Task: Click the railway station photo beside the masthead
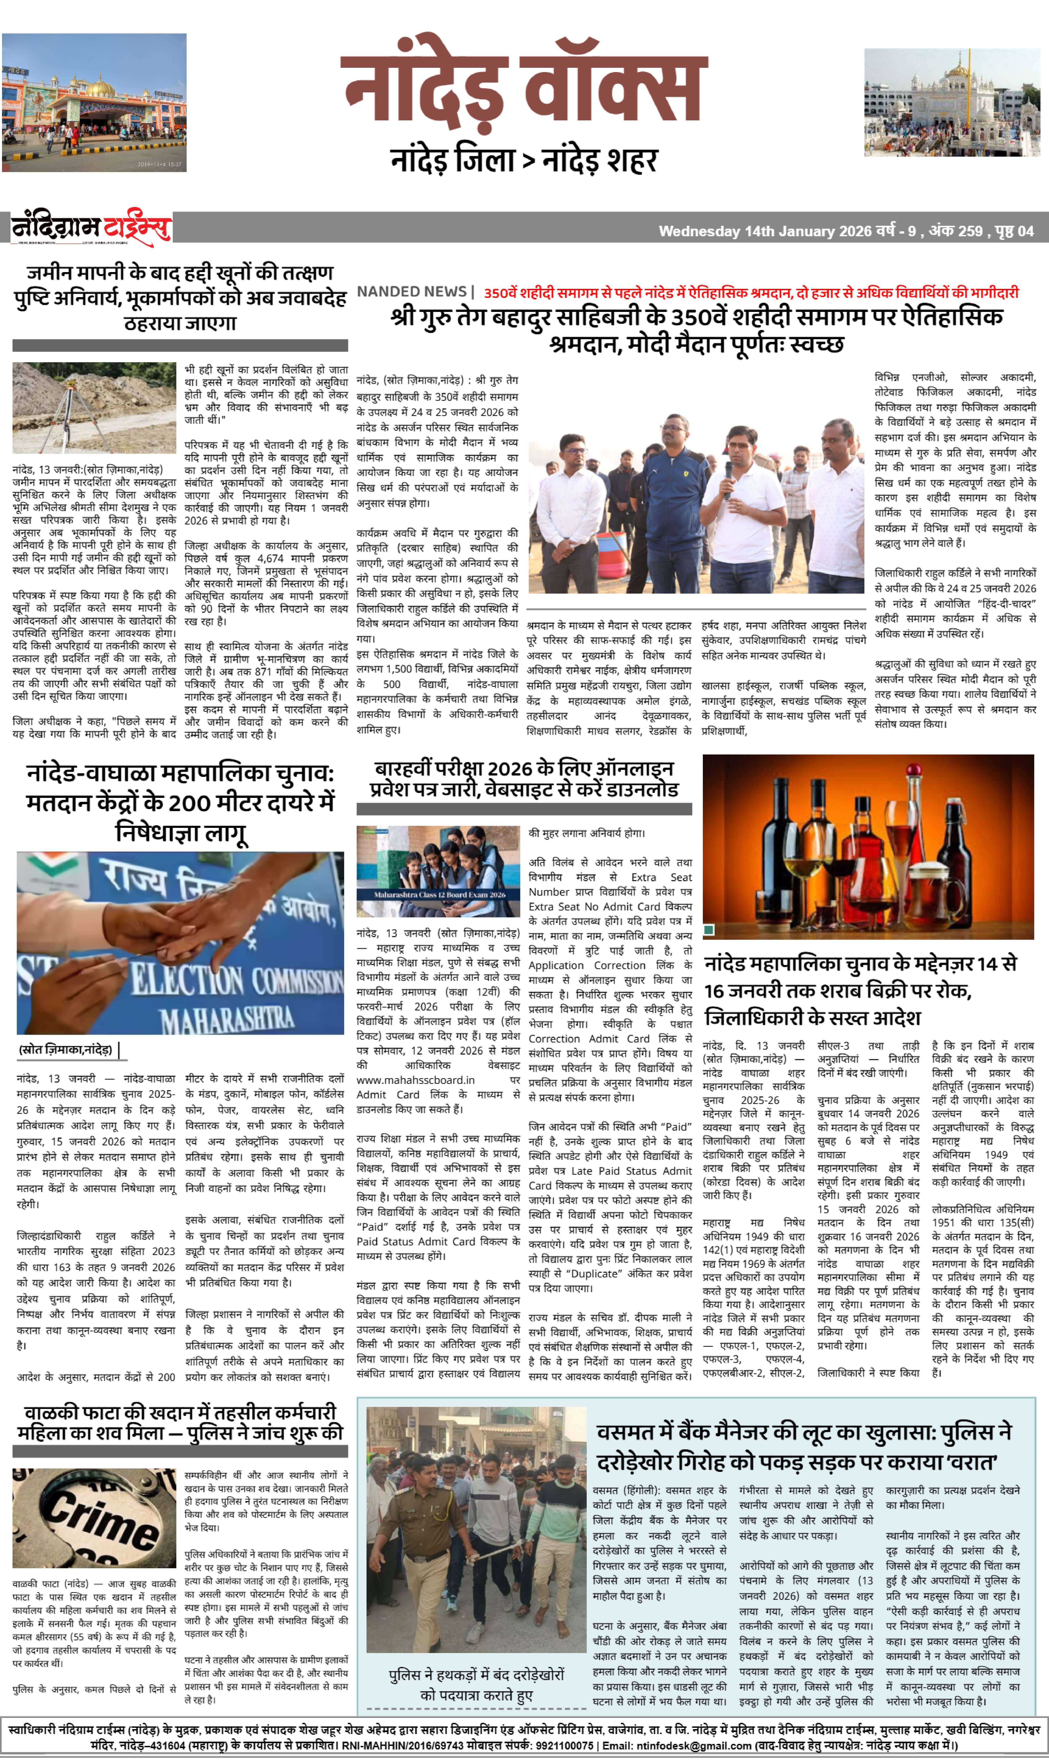click(x=94, y=102)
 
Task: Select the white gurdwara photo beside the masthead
click(x=951, y=102)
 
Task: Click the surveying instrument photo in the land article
click(x=94, y=407)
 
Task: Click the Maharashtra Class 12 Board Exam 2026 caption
click(x=440, y=894)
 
